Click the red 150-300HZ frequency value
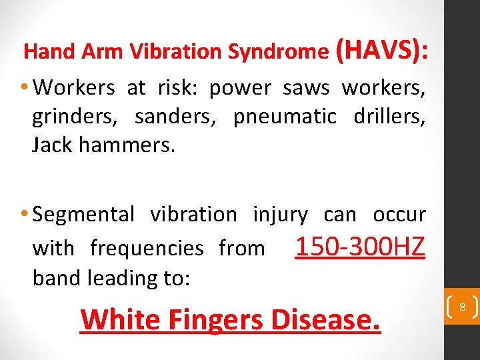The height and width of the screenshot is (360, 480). [x=359, y=247]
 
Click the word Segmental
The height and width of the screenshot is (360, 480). [x=83, y=215]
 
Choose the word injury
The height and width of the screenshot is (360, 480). [x=280, y=215]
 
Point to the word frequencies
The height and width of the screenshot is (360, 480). [x=147, y=249]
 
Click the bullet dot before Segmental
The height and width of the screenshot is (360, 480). [x=24, y=214]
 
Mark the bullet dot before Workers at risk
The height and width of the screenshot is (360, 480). [x=24, y=87]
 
